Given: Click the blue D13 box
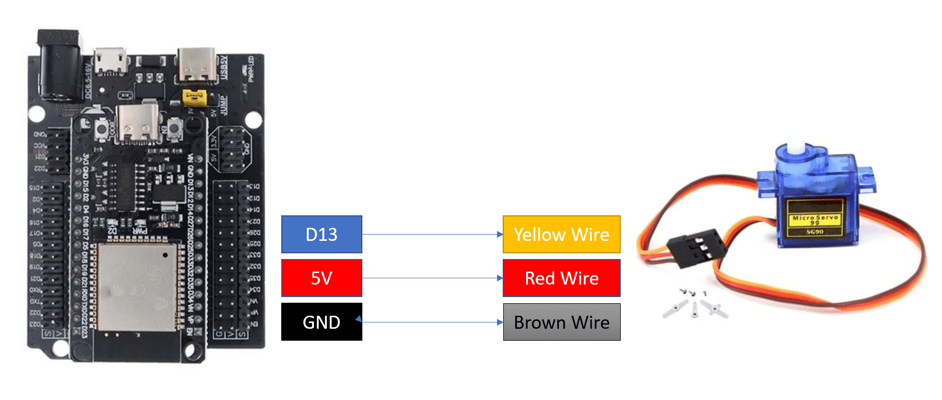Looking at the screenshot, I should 321,234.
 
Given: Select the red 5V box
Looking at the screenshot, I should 321,278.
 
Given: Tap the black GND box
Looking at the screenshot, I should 321,322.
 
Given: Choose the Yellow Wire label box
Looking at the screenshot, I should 561,234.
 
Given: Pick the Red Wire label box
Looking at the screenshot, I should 561,278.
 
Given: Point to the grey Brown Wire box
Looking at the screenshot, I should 561,322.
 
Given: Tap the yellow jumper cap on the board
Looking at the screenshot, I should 194,97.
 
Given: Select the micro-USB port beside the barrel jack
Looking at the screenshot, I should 110,62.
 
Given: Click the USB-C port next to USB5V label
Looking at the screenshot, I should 197,66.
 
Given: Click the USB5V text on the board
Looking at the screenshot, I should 224,68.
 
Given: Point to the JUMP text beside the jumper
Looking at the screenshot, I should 223,105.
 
